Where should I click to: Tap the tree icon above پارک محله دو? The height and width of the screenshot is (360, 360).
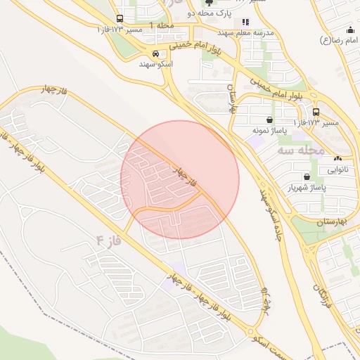point(208,3)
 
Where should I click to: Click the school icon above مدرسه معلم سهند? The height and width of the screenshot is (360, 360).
point(245,22)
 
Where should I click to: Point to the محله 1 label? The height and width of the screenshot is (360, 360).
point(161,25)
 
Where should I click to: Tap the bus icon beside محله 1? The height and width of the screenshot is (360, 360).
point(120,19)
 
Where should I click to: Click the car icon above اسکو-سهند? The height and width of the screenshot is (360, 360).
point(155,53)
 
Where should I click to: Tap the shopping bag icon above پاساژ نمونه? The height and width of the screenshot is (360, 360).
point(271,120)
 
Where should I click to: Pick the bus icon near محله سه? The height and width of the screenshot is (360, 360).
point(315,112)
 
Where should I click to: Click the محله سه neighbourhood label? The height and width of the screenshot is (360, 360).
point(300,150)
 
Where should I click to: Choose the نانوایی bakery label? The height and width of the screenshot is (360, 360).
point(337,169)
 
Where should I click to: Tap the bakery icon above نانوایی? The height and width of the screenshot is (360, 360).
point(337,159)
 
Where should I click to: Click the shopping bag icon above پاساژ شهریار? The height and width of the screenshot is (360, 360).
point(307,176)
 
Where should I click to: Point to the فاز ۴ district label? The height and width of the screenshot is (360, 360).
point(109,240)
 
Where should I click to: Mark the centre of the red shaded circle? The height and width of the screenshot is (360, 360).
point(180,180)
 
